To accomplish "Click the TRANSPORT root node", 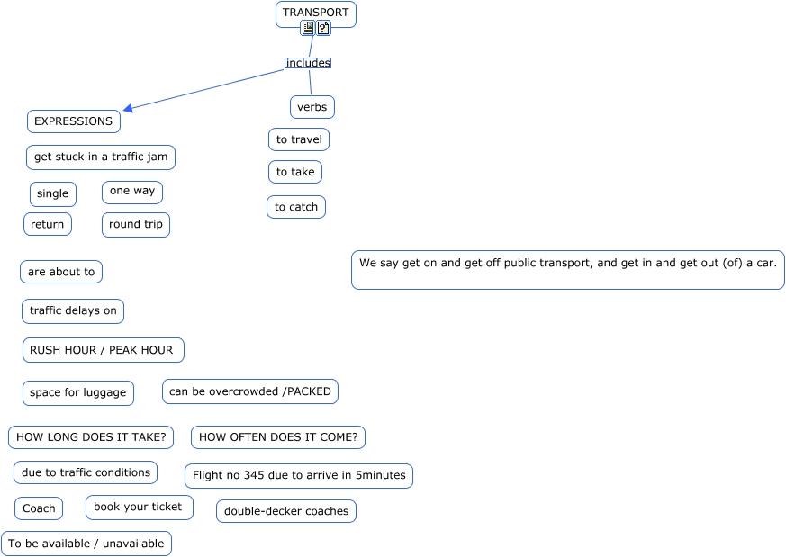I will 315,12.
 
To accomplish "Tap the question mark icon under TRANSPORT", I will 323,28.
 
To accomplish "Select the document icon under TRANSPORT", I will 308,28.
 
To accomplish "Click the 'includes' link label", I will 308,63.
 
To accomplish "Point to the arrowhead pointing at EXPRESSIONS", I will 128,109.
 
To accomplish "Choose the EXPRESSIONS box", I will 73,121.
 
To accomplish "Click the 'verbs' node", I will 312,107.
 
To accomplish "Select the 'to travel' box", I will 299,139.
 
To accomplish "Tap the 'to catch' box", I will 296,207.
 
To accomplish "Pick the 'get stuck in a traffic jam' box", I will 101,157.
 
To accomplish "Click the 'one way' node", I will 132,192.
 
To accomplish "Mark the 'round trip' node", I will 136,225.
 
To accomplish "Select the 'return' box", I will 48,225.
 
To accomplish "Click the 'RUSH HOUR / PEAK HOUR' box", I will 104,350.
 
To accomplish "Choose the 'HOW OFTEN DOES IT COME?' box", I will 278,438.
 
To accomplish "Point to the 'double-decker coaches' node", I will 286,511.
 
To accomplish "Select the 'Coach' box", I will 39,508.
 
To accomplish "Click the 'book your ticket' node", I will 139,508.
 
